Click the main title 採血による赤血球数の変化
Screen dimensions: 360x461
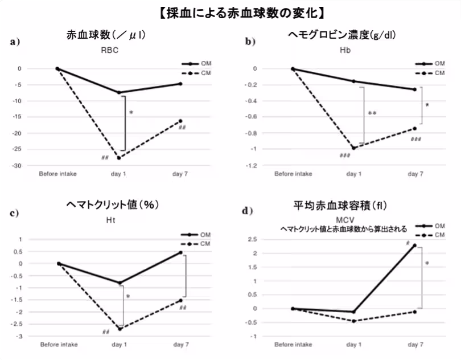[230, 12]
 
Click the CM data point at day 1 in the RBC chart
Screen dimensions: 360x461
[119, 158]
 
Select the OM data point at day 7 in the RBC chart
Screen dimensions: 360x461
[180, 84]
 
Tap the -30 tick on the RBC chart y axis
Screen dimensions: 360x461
[19, 165]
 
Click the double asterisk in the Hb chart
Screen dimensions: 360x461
[372, 114]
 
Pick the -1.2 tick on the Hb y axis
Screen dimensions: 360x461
[251, 165]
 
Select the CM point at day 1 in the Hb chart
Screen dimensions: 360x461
[353, 148]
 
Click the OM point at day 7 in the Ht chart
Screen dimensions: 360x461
[180, 252]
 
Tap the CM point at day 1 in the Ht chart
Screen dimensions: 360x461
[120, 329]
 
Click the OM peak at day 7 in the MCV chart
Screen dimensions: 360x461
[414, 246]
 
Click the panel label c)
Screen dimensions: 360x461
[15, 214]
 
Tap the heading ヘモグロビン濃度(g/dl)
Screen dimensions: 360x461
[342, 36]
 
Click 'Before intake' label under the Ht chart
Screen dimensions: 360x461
[59, 345]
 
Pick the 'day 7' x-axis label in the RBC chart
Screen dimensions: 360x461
[180, 173]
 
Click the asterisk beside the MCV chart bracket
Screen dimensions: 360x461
[427, 264]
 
